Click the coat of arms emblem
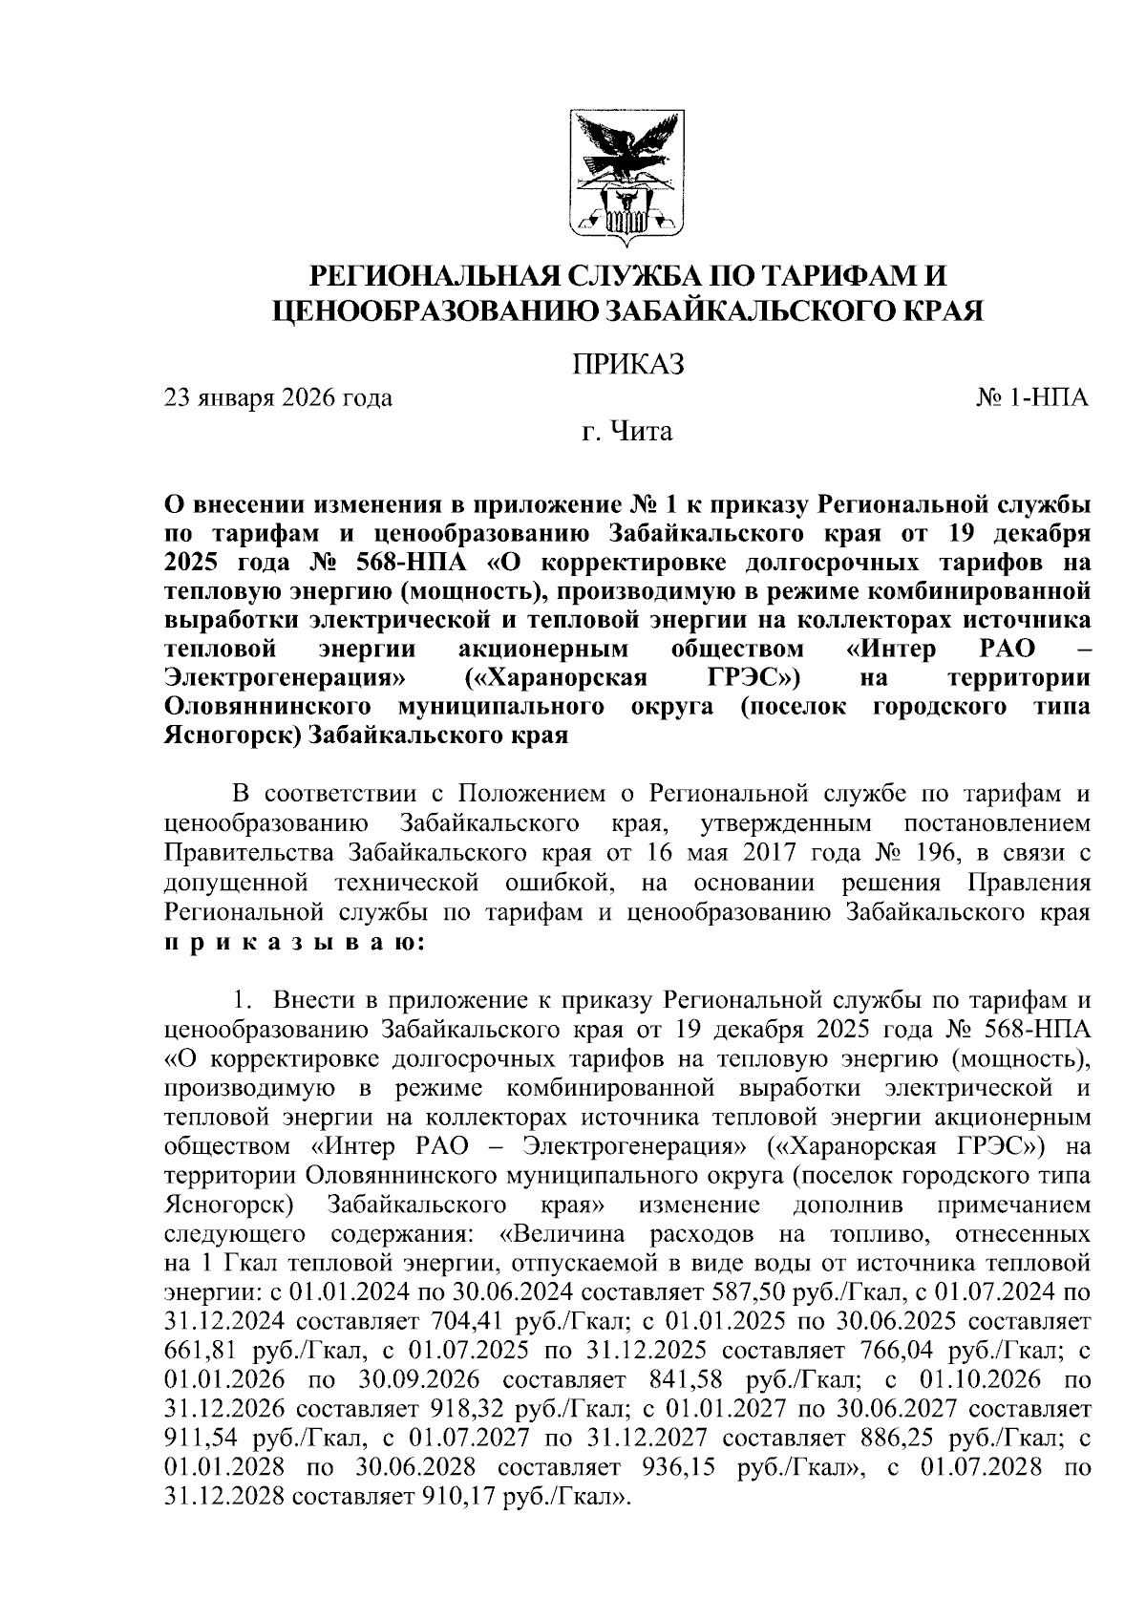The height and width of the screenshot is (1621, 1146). [626, 173]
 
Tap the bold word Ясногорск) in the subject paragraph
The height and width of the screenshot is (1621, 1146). [233, 736]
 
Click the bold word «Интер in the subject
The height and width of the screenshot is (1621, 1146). [893, 650]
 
